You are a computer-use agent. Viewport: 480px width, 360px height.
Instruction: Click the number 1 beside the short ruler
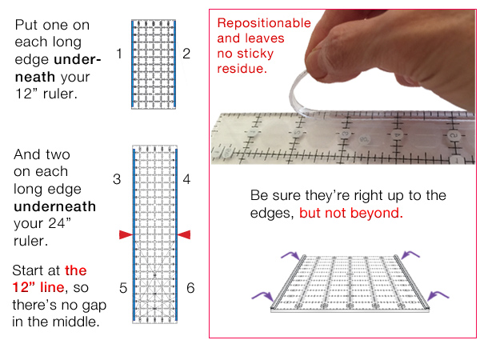pos(118,54)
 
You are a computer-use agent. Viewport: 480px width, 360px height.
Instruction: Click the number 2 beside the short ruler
pos(186,54)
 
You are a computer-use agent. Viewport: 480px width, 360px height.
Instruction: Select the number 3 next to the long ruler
pos(117,180)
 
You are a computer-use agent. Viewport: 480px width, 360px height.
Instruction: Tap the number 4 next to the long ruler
pos(186,180)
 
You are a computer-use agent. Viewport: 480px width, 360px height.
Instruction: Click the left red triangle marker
pos(125,234)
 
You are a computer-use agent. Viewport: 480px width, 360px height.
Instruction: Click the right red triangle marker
pos(184,234)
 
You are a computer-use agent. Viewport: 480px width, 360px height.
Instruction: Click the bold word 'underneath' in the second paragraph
pos(54,206)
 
